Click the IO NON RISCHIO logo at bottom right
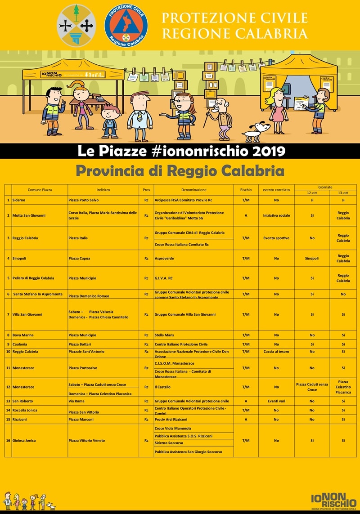[x=333, y=499]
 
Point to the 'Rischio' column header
[x=246, y=190]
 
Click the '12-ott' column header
[x=312, y=192]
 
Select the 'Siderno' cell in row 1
[x=19, y=200]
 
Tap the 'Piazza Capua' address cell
[x=81, y=258]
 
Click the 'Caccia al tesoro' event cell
[x=276, y=351]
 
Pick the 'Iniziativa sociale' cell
[x=276, y=215]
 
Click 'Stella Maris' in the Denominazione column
[x=164, y=335]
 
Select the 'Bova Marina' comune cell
[x=23, y=335]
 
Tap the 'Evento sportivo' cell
[x=276, y=238]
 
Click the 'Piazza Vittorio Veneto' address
[x=87, y=440]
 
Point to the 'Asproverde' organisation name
[x=164, y=258]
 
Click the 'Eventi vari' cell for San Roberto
[x=276, y=401]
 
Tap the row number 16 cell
[x=8, y=440]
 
